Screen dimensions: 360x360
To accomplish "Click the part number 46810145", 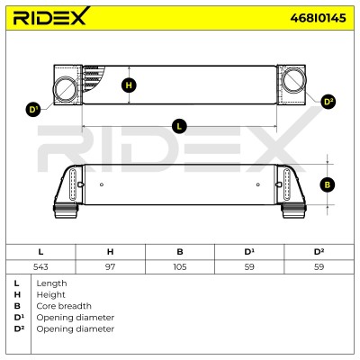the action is pos(318,18).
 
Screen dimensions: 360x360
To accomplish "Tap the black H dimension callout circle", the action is pos(129,85).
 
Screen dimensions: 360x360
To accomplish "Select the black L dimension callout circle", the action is pos(179,127).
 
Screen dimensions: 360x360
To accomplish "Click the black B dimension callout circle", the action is pos(328,184).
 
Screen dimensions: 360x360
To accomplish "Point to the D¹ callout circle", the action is pos(32,110).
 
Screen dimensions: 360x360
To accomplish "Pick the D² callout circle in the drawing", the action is pos(328,102).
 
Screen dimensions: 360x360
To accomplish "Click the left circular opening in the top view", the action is pos(65,88).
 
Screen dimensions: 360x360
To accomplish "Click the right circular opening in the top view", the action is pos(294,79).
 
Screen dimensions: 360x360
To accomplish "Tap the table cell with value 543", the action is pos(40,266).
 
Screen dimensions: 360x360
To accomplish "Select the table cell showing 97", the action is pos(110,266).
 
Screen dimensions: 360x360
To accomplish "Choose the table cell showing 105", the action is pos(180,266).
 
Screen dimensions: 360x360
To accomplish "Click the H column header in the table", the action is pos(110,252).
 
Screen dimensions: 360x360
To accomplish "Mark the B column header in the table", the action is pos(180,252).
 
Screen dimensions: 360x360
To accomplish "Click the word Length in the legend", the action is pos(51,283).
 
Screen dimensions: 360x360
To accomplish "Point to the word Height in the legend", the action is pos(50,295).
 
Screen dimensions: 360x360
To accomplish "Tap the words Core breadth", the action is pos(64,306).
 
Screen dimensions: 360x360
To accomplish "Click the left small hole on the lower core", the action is pos(102,184).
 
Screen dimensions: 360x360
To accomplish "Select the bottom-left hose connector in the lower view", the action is pos(66,211).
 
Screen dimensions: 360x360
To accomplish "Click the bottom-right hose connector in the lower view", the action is pos(293,211).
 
